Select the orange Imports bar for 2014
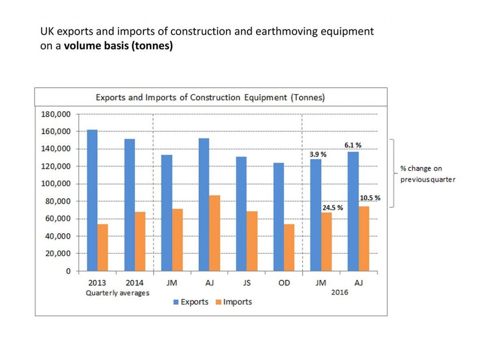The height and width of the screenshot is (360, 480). point(140,241)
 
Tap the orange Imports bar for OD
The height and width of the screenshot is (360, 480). point(289,247)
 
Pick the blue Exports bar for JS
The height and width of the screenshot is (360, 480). point(241,214)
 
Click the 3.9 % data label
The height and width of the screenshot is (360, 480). point(317,154)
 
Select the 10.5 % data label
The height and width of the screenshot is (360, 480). point(370,198)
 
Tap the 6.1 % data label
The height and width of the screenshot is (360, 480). point(354,145)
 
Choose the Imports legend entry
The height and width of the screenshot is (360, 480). point(232,302)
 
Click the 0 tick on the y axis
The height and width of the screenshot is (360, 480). point(68,271)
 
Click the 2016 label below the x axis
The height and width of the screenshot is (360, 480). point(340,292)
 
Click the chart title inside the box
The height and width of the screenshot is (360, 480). point(210,98)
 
